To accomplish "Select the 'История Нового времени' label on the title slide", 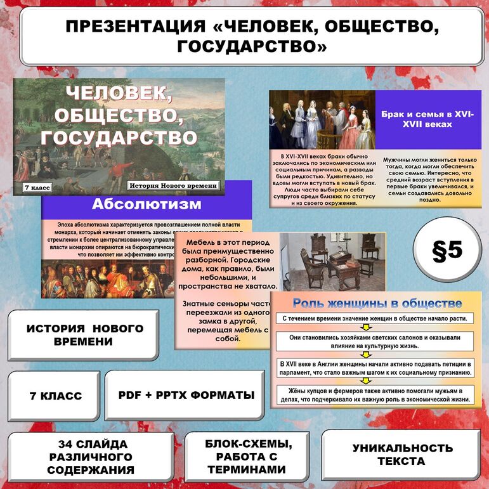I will point(174,186).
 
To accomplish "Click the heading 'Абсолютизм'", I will point(147,204).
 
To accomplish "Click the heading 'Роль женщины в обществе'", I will point(377,303).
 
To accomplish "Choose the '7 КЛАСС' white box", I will point(55,396).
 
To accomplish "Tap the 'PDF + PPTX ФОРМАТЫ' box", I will point(186,395).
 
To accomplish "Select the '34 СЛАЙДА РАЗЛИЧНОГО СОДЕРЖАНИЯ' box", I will point(91,457).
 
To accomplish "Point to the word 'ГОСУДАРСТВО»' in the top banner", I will point(252,47).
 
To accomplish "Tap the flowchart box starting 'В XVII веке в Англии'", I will point(375,368).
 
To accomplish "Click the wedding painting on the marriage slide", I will point(322,119).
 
